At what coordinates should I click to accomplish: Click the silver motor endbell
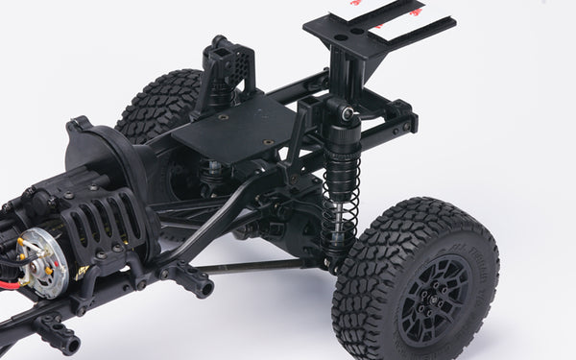click(x=44, y=261)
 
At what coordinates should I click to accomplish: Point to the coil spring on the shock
click(x=339, y=197)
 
